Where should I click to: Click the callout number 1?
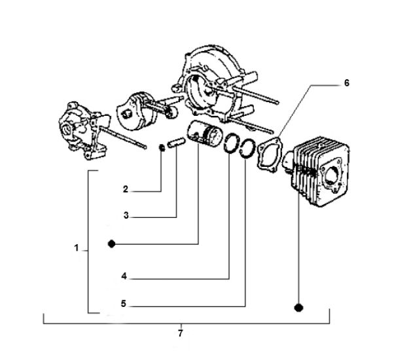pos(77,249)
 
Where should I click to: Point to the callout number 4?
pos(124,276)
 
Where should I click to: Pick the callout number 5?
pos(124,304)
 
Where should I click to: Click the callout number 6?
pos(346,83)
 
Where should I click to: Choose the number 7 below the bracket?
pos(180,333)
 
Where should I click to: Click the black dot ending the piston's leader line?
pos(112,244)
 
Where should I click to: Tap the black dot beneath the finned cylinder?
pos(298,306)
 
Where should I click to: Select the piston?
pos(204,135)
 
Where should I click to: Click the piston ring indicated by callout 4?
pos(232,145)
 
